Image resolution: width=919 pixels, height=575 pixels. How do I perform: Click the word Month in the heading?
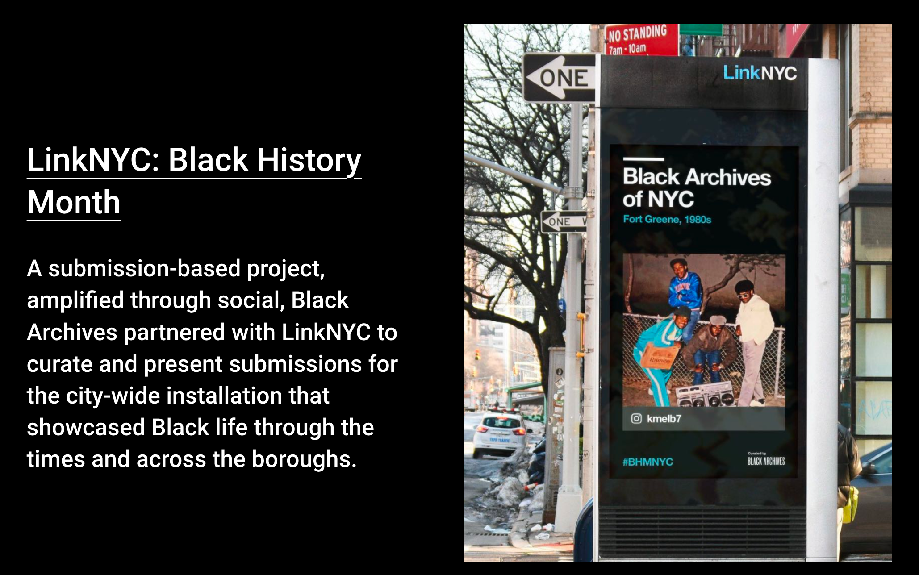click(74, 202)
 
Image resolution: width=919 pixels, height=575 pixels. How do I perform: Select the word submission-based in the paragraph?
click(144, 269)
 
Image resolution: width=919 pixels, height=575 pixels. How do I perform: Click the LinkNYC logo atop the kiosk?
click(760, 73)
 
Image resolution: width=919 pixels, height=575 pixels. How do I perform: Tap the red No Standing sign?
click(639, 39)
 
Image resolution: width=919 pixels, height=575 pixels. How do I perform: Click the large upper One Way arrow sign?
click(560, 78)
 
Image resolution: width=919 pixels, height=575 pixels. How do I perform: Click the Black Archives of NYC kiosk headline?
click(696, 187)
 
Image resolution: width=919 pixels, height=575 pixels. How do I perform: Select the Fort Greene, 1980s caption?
click(667, 219)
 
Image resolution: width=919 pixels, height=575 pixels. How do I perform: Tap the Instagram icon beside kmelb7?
click(636, 418)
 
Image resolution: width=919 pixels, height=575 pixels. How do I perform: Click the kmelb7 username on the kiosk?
click(664, 419)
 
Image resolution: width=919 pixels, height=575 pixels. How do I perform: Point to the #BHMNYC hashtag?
click(647, 462)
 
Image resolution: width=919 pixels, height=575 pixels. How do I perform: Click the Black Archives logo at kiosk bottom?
click(766, 460)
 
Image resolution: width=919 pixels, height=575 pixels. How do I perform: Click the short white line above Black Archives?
click(643, 159)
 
